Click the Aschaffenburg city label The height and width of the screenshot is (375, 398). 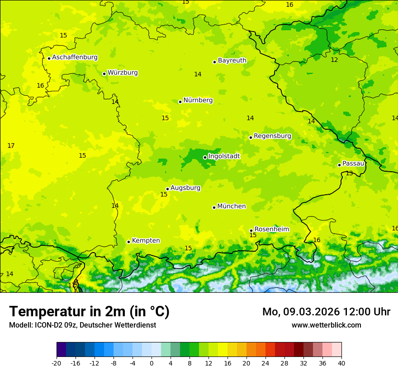[x=75, y=57]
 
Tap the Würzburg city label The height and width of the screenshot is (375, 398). [x=123, y=73]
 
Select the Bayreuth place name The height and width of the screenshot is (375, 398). [x=232, y=61]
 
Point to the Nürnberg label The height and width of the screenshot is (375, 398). [x=198, y=100]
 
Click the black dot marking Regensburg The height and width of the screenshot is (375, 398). [x=251, y=137]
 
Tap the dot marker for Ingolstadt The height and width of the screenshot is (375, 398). [x=205, y=157]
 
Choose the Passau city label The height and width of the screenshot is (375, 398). [x=353, y=164]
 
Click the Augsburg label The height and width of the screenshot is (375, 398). [x=185, y=188]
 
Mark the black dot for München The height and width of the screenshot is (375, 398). [x=214, y=207]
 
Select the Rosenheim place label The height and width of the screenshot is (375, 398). [x=271, y=230]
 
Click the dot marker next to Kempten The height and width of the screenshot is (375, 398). [x=128, y=242]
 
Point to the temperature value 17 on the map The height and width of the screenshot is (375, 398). [x=11, y=145]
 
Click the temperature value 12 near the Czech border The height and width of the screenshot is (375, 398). [x=334, y=60]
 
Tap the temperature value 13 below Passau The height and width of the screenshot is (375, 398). [x=349, y=173]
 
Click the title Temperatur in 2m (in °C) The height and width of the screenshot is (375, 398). [x=89, y=311]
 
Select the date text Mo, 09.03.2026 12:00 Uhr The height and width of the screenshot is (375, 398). [x=326, y=312]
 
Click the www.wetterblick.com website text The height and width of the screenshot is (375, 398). [x=326, y=325]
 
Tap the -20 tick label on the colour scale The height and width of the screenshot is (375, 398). [x=57, y=363]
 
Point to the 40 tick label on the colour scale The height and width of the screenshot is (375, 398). [x=341, y=363]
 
